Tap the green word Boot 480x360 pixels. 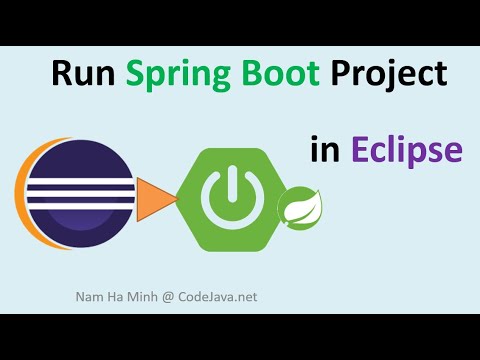click(277, 77)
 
